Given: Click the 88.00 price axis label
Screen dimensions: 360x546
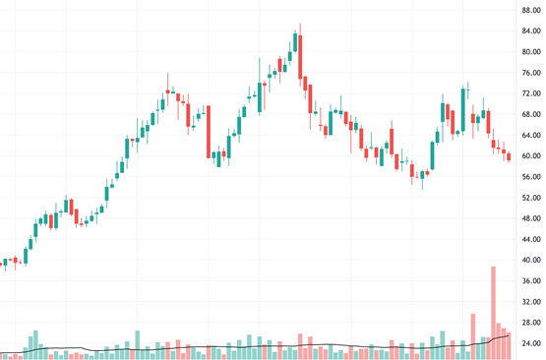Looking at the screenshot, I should [x=530, y=11].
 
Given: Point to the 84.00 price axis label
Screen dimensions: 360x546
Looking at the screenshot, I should [x=530, y=31].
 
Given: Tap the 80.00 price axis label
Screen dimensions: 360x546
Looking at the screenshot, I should [x=530, y=52].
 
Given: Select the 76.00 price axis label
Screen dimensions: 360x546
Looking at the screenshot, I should [x=530, y=73].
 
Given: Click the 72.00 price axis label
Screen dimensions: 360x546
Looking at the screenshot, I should [x=530, y=93].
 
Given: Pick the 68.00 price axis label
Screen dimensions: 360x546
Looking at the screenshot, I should [x=530, y=114].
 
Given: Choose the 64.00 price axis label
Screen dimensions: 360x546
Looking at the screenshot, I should [x=530, y=135].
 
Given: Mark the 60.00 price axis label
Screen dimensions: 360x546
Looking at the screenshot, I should [x=530, y=156].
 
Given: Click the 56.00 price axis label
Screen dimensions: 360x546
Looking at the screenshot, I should [x=530, y=177].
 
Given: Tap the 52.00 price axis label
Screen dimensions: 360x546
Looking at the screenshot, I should [x=530, y=198].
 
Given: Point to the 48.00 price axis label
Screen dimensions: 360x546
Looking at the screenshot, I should [x=530, y=218].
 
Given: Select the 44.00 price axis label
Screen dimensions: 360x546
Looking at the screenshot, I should [x=530, y=239].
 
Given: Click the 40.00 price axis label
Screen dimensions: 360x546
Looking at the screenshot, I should [x=530, y=260].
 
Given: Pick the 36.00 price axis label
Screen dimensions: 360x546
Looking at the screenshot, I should [x=530, y=280].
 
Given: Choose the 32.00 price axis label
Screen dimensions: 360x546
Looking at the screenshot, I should [x=530, y=301].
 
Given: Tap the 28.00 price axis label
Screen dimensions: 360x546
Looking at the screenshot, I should [x=530, y=322].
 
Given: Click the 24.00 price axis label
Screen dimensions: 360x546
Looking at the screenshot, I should [x=530, y=343].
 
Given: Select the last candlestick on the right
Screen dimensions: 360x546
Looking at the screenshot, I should [x=509, y=155].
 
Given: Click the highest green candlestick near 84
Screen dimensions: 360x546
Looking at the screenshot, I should [x=294, y=41].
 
